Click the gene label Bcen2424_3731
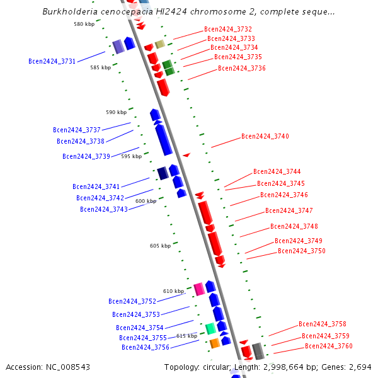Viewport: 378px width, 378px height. [52, 61]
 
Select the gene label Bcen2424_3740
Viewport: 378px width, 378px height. [265, 136]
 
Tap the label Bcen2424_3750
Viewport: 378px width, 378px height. [301, 251]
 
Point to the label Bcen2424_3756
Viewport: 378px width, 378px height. [145, 347]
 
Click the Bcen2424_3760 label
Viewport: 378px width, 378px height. [328, 346]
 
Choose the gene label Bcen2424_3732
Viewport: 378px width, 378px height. [227, 30]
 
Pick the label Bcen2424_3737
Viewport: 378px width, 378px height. [76, 130]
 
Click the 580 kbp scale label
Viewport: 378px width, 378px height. [83, 24]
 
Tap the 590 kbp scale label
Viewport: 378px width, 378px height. [116, 112]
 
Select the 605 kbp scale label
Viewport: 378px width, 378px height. [159, 246]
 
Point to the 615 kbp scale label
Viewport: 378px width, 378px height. [186, 336]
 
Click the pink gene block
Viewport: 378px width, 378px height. [199, 289]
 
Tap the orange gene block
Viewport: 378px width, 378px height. [214, 343]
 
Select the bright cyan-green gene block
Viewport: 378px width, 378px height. [210, 328]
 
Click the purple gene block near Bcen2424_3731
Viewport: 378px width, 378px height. [118, 46]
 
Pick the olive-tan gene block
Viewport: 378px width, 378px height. [160, 44]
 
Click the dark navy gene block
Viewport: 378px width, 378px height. [163, 173]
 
